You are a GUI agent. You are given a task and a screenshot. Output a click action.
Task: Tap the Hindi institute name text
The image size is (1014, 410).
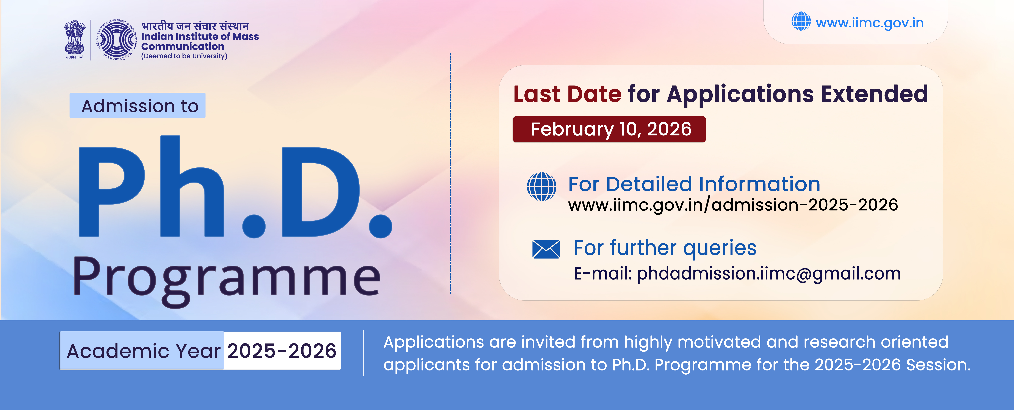195,26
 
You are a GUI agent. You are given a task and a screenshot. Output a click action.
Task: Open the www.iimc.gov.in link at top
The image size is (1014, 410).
870,23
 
